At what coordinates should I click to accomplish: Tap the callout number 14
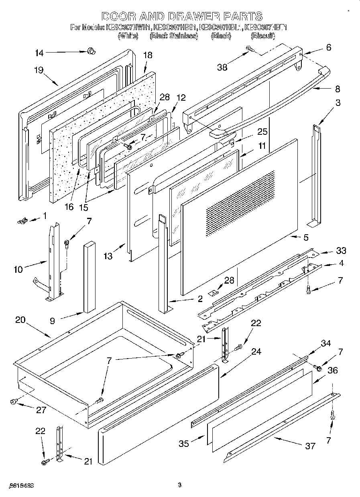tap(39, 52)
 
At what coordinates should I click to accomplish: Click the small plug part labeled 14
tap(91, 51)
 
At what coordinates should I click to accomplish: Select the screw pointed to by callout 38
tap(250, 49)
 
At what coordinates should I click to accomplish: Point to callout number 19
tap(39, 70)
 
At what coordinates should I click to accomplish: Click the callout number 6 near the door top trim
tap(328, 47)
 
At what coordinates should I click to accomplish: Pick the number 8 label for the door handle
tap(338, 89)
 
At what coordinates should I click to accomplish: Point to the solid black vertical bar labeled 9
tap(88, 277)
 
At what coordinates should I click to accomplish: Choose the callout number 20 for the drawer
tap(20, 320)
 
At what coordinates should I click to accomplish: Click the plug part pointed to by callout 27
tap(14, 401)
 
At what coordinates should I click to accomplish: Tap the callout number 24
tap(256, 351)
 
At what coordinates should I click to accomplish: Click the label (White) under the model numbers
tap(128, 36)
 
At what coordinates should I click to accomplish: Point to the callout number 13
tap(108, 256)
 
